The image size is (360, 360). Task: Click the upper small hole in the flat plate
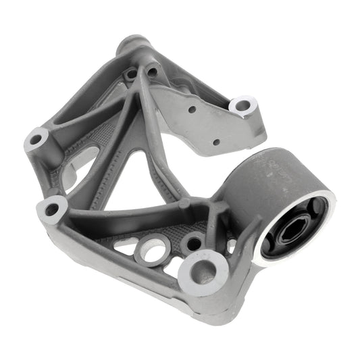192,109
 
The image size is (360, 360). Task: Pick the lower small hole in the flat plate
215,142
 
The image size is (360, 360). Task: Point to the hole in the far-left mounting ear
36,140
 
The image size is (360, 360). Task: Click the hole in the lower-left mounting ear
51,209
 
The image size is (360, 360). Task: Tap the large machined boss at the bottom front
202,271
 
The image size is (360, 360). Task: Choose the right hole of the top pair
152,71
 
